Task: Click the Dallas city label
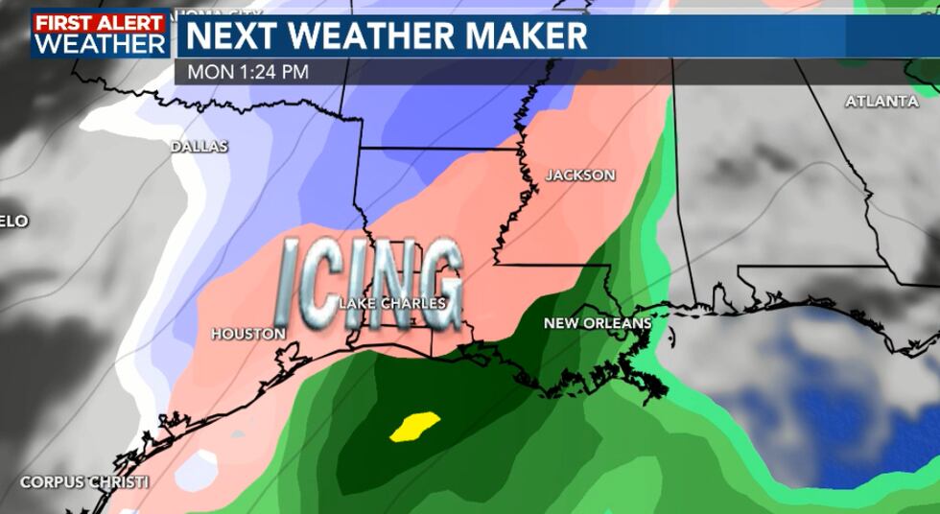coord(200,147)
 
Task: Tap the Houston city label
coord(248,334)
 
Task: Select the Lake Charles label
coord(393,303)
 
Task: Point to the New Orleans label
coord(598,323)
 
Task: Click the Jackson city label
coord(580,175)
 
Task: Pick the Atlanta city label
coord(882,101)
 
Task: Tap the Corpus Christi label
coord(83,481)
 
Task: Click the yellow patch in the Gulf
coord(414,425)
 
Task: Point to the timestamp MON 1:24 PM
coord(247,72)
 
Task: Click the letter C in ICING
coord(326,282)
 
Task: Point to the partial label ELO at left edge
coord(14,221)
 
